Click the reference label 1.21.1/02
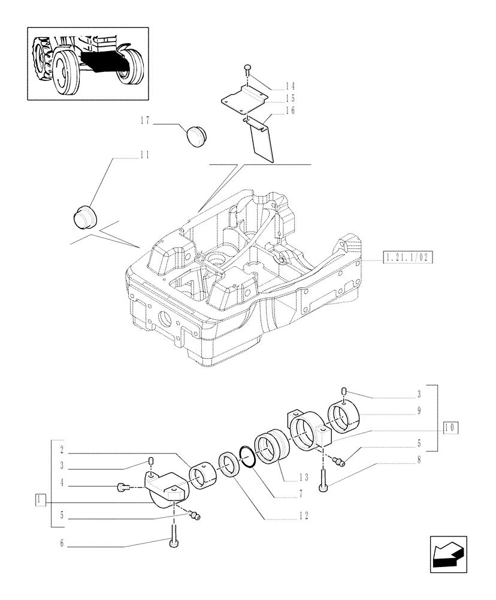click(x=407, y=257)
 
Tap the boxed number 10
click(x=450, y=428)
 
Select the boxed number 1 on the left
click(x=40, y=499)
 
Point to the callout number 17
click(x=144, y=121)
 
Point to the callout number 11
click(x=144, y=155)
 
